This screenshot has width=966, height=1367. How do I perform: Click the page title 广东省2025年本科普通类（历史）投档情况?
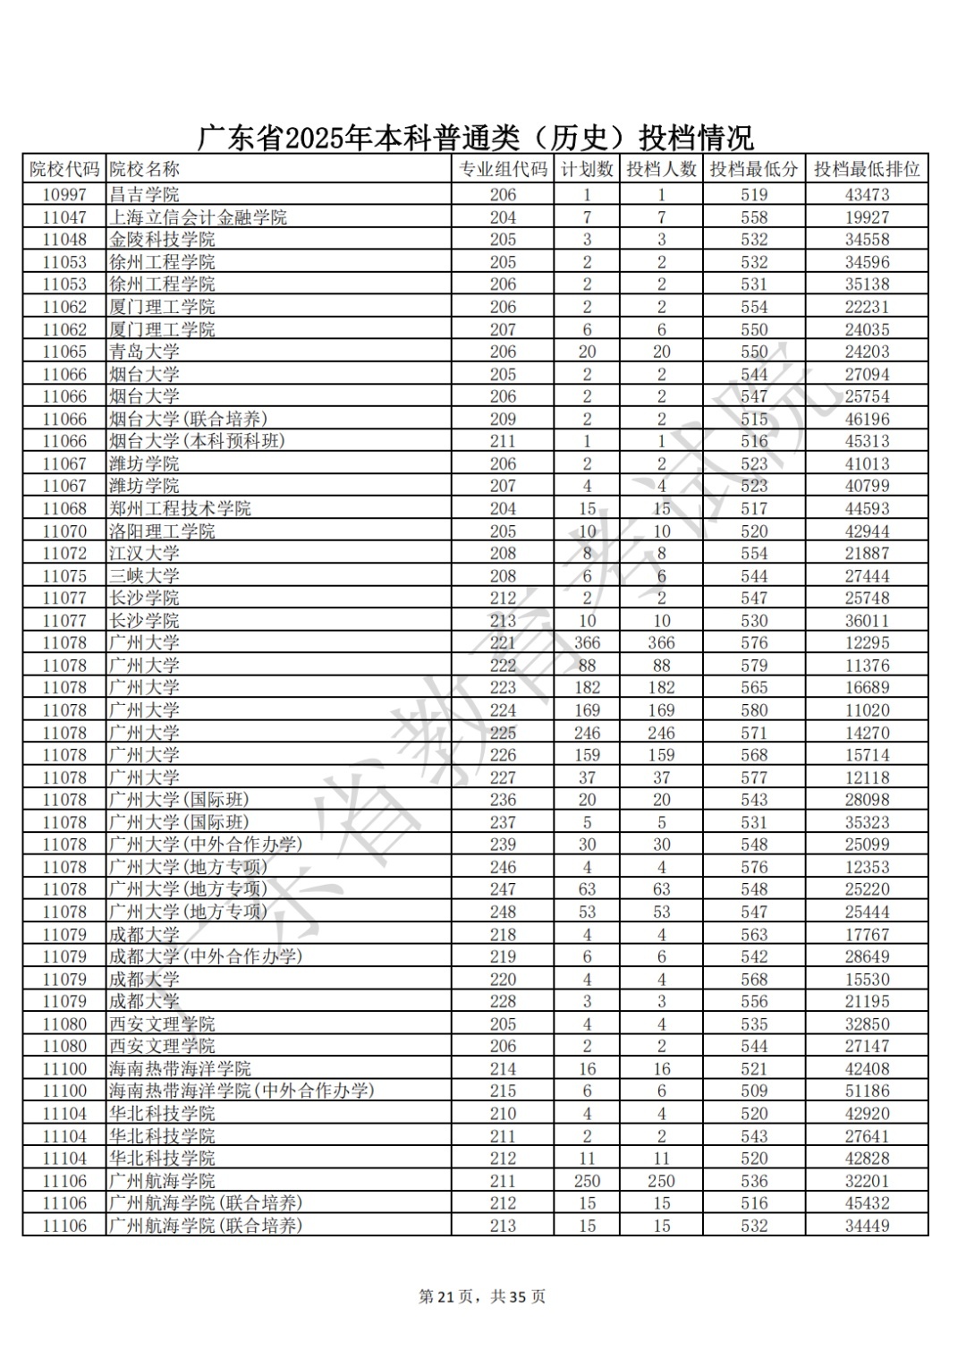[474, 138]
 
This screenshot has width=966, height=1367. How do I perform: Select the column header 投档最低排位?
[866, 169]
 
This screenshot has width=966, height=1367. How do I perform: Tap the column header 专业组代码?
[503, 169]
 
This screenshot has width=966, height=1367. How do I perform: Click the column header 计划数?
[587, 169]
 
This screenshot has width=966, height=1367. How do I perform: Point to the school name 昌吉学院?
[144, 194]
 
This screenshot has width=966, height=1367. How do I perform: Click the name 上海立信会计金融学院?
[198, 217]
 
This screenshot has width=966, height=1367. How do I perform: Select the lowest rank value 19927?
[867, 217]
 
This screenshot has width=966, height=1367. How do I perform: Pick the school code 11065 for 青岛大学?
[64, 352]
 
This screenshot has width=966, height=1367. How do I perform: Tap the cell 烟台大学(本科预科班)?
[197, 441]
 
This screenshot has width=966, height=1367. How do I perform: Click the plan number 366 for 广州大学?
[587, 643]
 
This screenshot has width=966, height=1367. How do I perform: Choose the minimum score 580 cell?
[754, 710]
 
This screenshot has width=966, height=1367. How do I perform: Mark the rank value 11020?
[867, 710]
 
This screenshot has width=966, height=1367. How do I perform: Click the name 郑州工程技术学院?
[180, 508]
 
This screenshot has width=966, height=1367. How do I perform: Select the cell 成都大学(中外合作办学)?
[206, 956]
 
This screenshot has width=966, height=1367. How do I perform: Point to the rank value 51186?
[867, 1091]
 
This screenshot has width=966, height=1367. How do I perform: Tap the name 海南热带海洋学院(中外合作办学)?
[241, 1091]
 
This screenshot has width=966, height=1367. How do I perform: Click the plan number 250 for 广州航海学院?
[587, 1181]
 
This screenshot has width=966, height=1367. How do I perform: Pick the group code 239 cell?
[503, 845]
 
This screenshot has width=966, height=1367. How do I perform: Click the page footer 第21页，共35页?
[482, 1296]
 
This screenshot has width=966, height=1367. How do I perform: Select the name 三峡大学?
[144, 576]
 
